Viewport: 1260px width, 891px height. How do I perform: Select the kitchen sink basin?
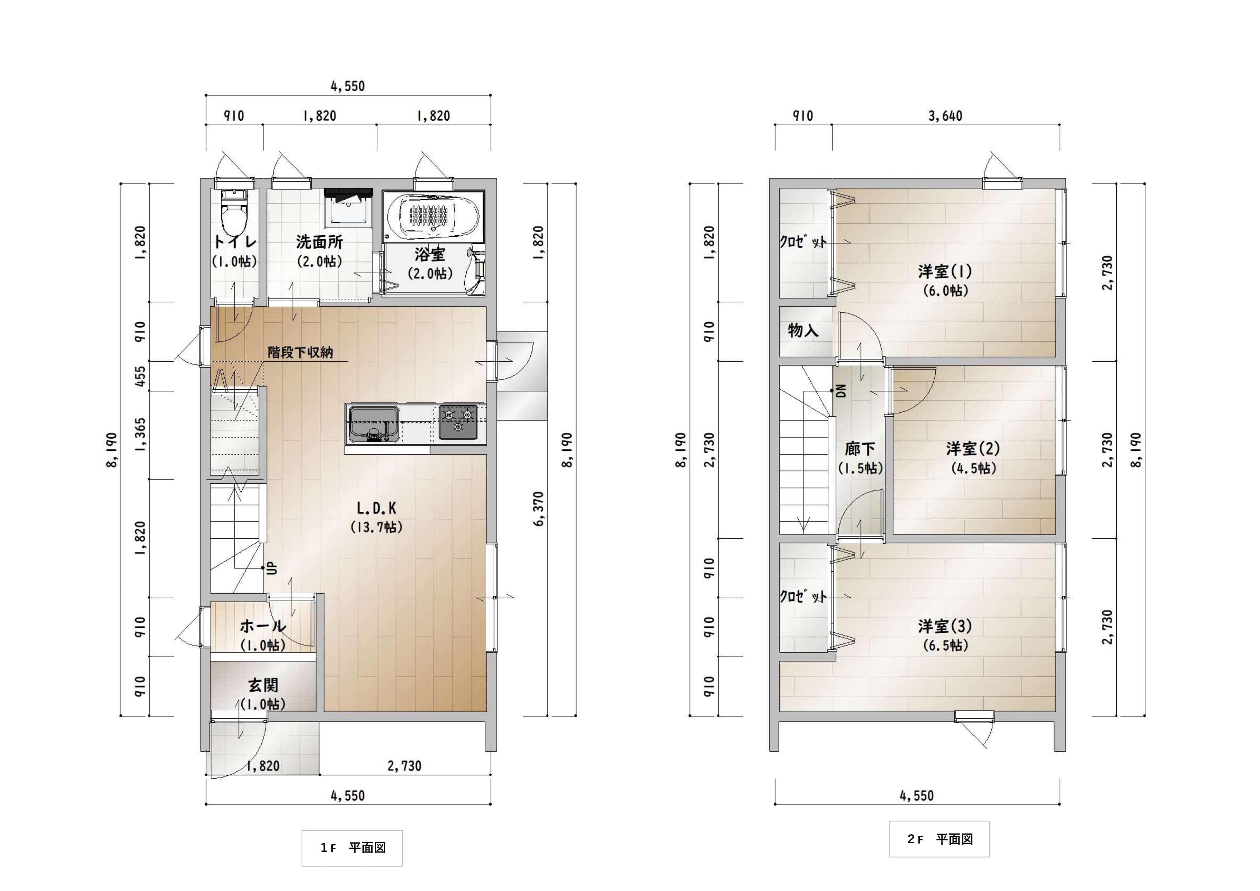point(373,423)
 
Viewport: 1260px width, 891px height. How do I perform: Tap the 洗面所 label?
point(319,242)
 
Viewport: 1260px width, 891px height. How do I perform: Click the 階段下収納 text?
point(300,352)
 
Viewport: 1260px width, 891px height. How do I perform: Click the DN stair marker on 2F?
point(841,390)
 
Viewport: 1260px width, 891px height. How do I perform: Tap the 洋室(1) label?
point(945,271)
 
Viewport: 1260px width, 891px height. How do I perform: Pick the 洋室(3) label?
point(945,626)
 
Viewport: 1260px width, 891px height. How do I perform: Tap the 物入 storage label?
point(803,330)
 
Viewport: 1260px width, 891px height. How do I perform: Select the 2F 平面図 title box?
point(939,839)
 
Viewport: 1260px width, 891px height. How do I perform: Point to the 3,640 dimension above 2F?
point(945,116)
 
